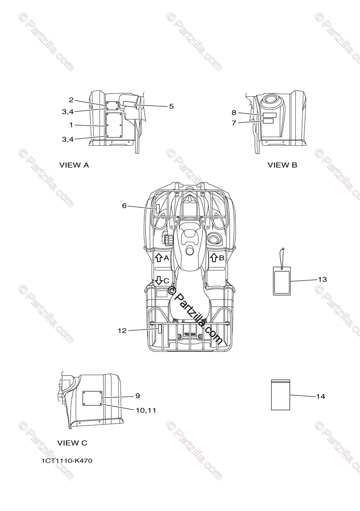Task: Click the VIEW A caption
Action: click(74, 165)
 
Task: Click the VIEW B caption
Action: click(282, 165)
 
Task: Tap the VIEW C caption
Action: click(72, 443)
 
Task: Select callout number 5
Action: click(171, 106)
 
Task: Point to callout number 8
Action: click(234, 113)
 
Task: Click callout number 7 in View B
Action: click(234, 123)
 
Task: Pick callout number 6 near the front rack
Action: click(124, 206)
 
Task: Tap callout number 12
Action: click(122, 330)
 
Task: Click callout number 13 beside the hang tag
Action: click(323, 279)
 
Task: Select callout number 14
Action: click(320, 396)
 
